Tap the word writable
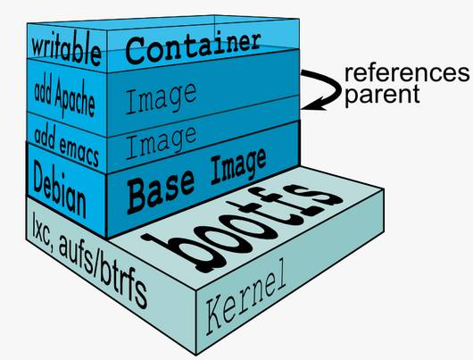(x=66, y=51)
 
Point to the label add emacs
(x=67, y=147)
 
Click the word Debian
(x=60, y=188)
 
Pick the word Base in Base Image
(x=161, y=191)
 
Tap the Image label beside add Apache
(x=161, y=99)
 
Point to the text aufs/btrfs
(x=103, y=269)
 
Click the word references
(x=407, y=73)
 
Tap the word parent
(x=382, y=95)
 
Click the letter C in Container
(x=137, y=51)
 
